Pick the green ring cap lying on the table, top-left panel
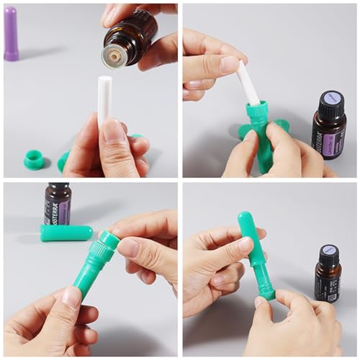pyautogui.click(x=33, y=159)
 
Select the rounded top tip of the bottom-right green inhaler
pyautogui.click(x=245, y=219)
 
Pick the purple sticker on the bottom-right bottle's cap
pyautogui.click(x=328, y=248)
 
